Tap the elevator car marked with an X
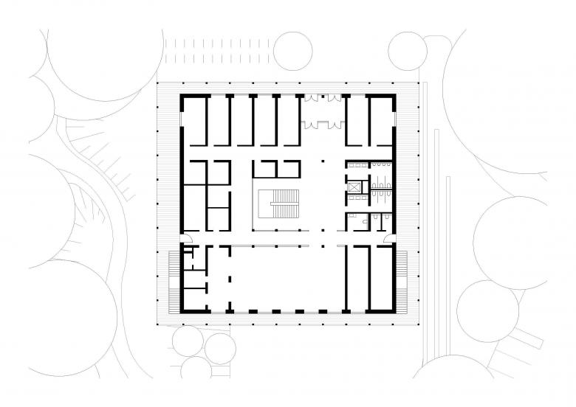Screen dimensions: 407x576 [x=356, y=186]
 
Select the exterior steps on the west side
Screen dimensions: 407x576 [x=174, y=281]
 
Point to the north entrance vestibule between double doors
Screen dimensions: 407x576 [x=323, y=111]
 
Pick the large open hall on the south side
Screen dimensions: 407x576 [x=284, y=276]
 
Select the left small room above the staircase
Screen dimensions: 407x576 [x=264, y=169]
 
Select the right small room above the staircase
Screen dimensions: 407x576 [x=289, y=169]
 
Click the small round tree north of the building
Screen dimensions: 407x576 [x=292, y=50]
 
